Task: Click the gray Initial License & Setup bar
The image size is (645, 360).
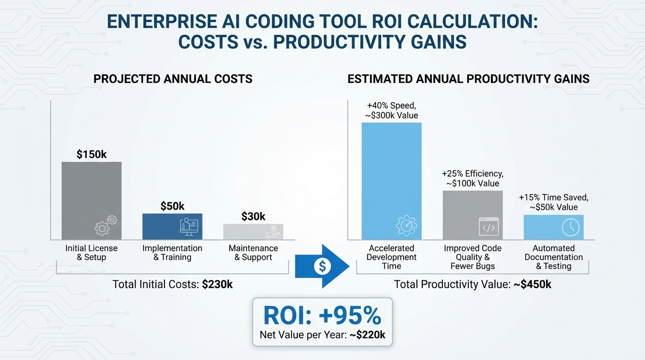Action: (x=91, y=201)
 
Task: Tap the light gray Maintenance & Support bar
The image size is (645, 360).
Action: (x=253, y=232)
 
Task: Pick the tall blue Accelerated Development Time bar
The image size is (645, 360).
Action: (x=391, y=181)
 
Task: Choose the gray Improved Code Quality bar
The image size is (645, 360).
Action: (x=472, y=215)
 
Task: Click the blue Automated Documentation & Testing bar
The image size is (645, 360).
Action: (x=554, y=227)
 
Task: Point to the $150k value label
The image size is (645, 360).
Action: (x=92, y=154)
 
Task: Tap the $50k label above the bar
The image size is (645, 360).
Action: (x=172, y=206)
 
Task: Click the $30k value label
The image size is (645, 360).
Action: (x=253, y=216)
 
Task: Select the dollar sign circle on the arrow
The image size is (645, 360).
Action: (x=322, y=266)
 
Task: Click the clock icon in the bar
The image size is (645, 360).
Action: (x=570, y=228)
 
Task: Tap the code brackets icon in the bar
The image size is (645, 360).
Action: (x=488, y=227)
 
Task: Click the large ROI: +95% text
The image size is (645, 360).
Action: (x=322, y=316)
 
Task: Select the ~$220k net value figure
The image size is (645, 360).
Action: (x=367, y=335)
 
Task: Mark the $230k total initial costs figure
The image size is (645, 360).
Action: (x=217, y=284)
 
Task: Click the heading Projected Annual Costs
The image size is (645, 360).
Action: (x=172, y=79)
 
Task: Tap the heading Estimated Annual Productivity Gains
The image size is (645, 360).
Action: (x=468, y=79)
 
